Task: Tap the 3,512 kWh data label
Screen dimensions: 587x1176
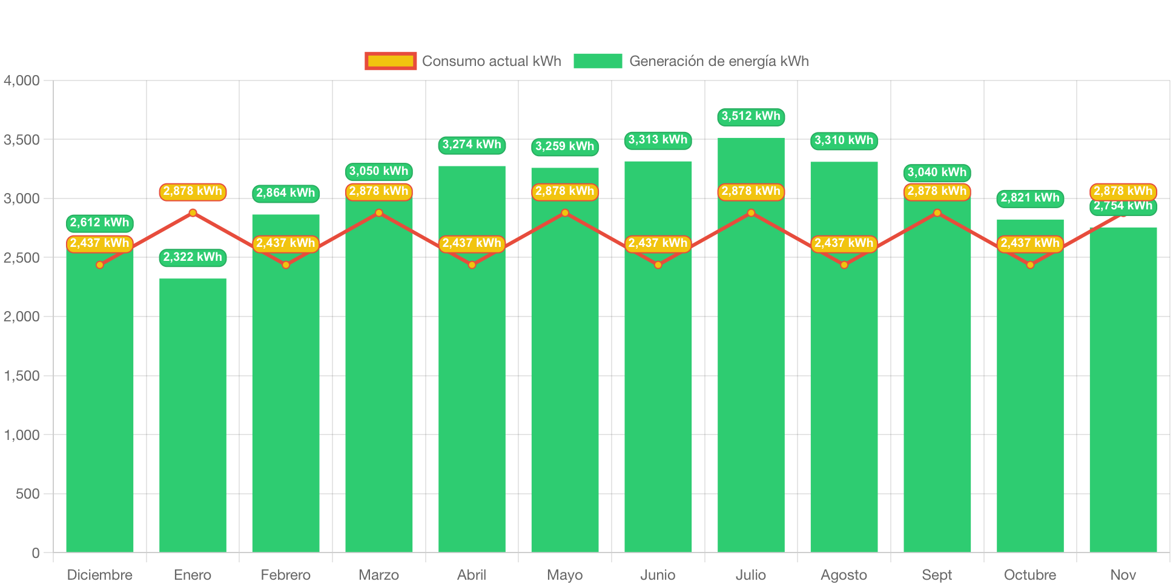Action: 751,116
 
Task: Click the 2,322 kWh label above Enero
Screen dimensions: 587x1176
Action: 193,257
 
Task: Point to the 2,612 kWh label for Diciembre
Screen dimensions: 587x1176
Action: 99,223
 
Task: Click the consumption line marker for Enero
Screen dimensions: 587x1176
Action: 193,213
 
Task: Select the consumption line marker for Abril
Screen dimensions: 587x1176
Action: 472,265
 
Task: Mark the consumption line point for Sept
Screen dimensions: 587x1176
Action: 937,213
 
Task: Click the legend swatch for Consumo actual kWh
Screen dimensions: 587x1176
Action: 391,61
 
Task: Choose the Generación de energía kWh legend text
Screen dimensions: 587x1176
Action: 719,61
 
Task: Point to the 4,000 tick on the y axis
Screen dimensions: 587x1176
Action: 22,80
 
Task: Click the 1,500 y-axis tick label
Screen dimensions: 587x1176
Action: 22,376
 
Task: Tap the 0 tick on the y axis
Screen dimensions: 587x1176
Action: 36,553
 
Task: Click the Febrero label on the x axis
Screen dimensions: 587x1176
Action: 286,574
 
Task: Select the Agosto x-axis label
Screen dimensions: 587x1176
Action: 844,574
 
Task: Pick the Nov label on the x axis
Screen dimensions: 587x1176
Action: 1123,574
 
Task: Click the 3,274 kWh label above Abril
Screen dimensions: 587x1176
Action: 472,145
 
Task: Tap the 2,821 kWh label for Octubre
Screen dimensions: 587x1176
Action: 1030,198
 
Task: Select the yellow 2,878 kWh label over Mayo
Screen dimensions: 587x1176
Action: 565,191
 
